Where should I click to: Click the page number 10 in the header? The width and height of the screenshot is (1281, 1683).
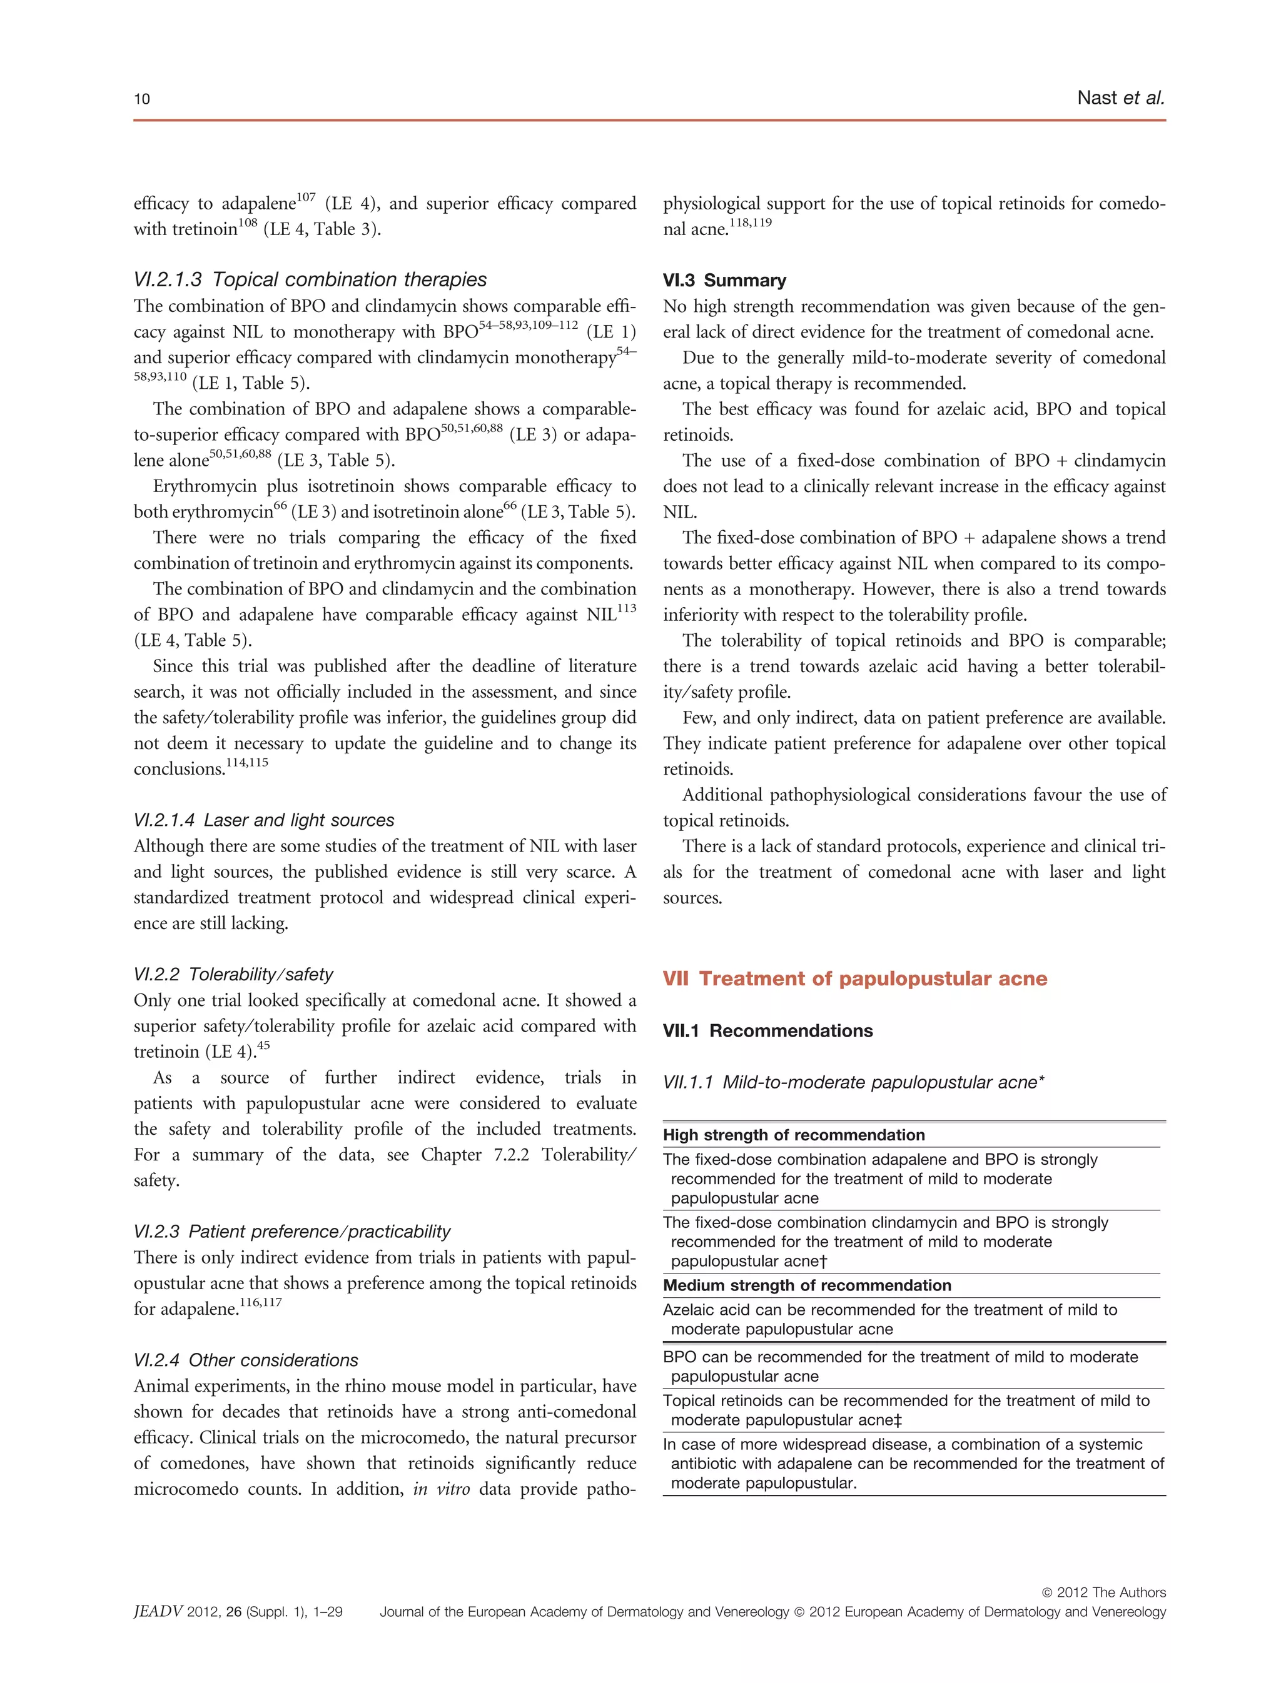tap(142, 99)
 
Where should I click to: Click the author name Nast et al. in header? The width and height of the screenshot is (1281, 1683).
tap(1120, 98)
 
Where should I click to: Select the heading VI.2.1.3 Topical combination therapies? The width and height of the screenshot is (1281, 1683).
tap(310, 279)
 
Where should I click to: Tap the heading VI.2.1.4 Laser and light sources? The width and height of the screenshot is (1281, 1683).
tap(264, 820)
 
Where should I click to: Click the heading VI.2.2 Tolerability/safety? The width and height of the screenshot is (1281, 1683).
tap(233, 974)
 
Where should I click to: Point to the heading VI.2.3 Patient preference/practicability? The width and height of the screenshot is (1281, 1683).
tap(292, 1232)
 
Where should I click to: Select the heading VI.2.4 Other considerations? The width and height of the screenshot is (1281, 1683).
tap(246, 1360)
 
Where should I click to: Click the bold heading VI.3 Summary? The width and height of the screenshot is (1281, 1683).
tap(724, 281)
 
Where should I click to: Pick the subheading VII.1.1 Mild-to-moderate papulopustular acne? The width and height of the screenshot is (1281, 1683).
tap(853, 1082)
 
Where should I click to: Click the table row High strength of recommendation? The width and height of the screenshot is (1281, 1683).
tap(793, 1135)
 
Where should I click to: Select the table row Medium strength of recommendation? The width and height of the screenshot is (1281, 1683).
tap(807, 1286)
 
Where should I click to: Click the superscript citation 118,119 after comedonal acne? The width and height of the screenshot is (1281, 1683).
tap(751, 223)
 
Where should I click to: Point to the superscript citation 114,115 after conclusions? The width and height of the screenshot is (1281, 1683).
tap(247, 762)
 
